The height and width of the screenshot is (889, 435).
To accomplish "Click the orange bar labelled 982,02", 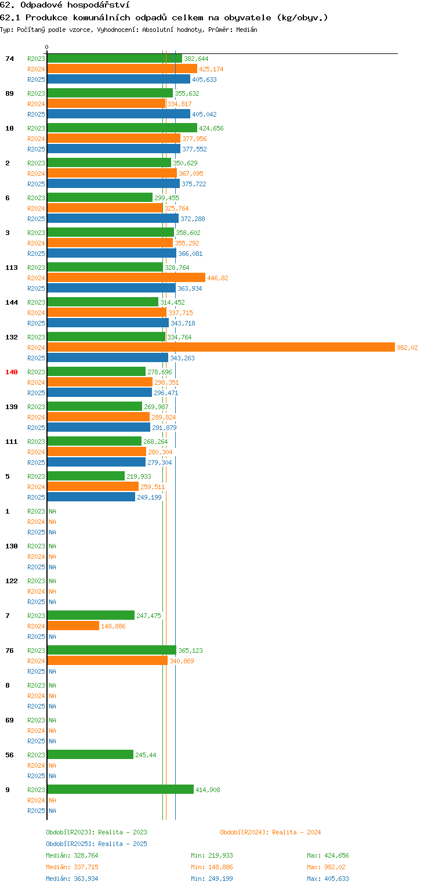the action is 221,347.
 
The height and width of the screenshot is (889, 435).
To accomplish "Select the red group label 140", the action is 12,372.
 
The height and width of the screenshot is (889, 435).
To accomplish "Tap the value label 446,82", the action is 217,278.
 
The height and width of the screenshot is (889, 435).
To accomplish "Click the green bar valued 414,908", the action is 121,789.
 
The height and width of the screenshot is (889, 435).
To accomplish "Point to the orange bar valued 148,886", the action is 73,626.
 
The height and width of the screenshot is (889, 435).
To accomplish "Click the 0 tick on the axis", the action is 47,47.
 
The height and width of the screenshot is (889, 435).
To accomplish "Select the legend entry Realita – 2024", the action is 270,832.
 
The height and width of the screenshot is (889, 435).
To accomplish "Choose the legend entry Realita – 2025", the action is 96,844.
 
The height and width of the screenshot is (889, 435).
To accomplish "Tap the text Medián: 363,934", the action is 72,879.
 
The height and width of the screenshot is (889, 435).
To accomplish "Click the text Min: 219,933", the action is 212,855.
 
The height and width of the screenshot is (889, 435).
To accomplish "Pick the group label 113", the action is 12,268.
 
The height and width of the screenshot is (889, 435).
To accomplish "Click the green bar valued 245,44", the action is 90,754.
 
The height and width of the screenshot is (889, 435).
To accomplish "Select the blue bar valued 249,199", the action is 91,497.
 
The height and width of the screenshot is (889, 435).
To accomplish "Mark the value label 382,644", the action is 196,59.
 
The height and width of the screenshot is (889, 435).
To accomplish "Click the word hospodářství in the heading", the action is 99,5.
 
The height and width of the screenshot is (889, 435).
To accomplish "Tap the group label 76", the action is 9,651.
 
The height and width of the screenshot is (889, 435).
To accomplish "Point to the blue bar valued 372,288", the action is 113,218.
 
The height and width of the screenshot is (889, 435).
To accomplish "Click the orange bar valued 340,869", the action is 107,660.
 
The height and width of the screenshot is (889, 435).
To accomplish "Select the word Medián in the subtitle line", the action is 246,30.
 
